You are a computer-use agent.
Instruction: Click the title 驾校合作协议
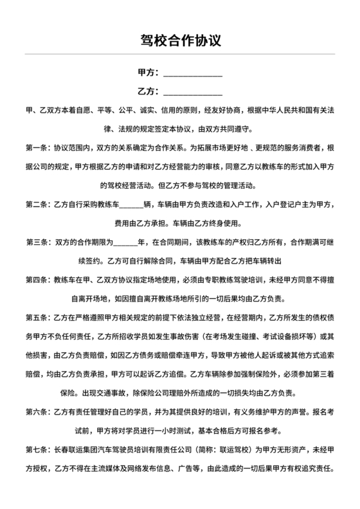[x=180, y=40]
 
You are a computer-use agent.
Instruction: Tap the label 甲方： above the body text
[x=148, y=72]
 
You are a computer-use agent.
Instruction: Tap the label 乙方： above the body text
[x=148, y=90]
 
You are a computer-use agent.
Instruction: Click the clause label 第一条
[x=37, y=147]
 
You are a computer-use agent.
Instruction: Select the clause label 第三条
[x=37, y=242]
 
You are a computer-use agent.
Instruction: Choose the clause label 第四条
[x=37, y=280]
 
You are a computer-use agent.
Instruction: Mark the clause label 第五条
[x=37, y=317]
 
